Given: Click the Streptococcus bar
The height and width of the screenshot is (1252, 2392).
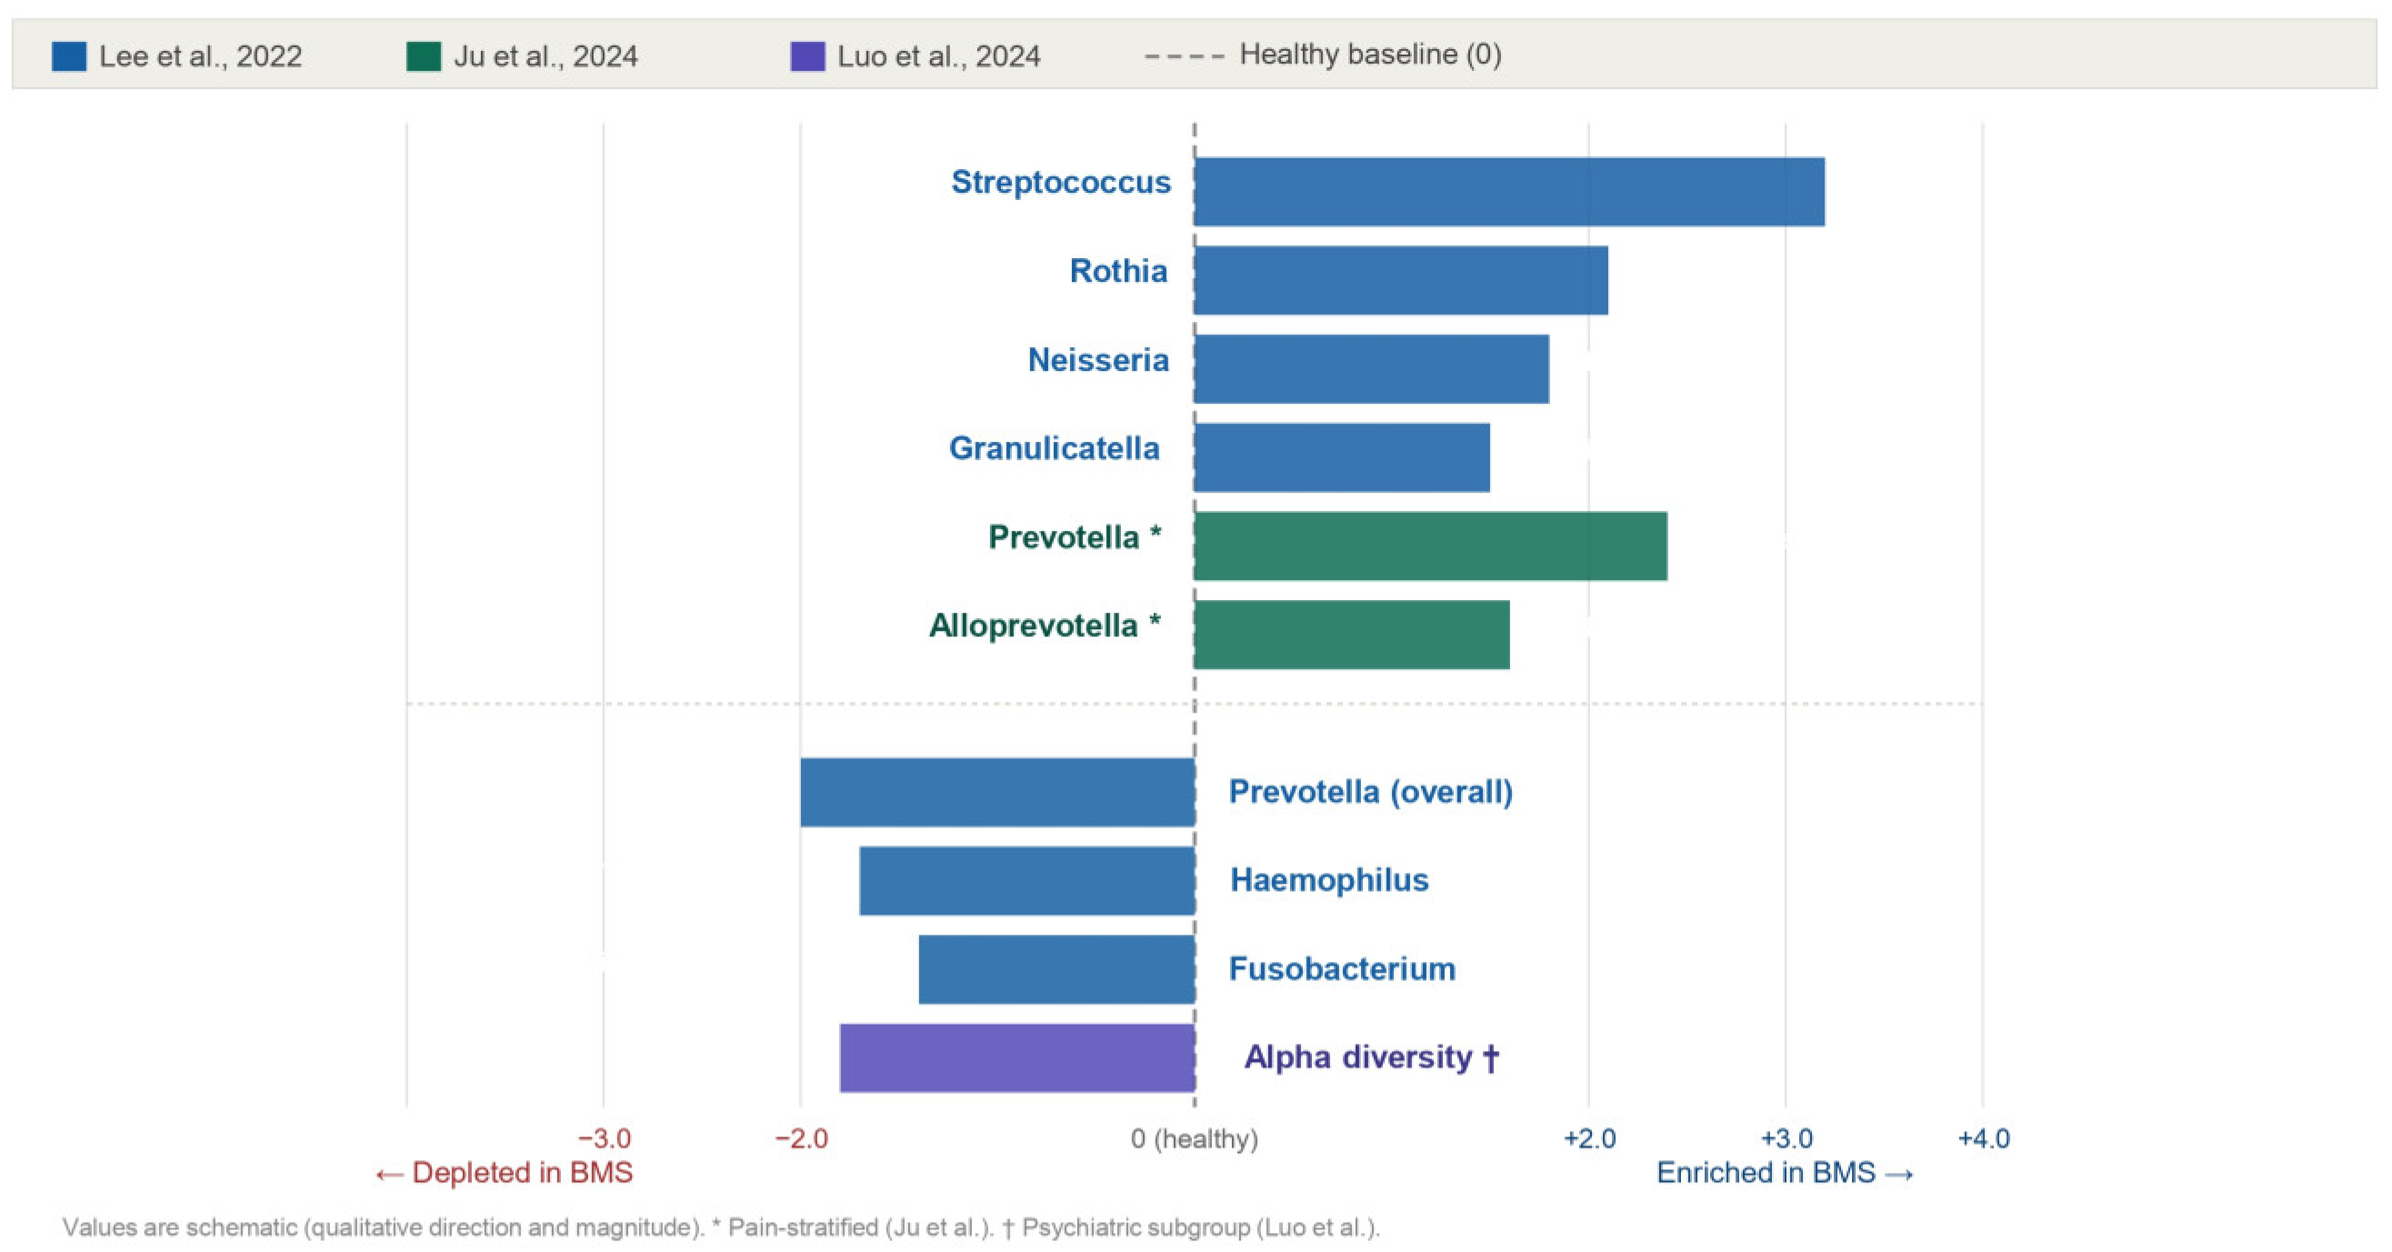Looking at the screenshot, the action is pos(1509,191).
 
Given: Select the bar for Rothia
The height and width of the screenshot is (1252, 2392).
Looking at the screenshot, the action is pos(1401,280).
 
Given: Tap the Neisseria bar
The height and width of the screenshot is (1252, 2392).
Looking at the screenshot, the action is pos(1372,369).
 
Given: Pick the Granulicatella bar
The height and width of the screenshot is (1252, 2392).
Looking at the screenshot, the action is pos(1342,458).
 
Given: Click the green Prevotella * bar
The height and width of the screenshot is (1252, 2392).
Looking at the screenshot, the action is pos(1431,546).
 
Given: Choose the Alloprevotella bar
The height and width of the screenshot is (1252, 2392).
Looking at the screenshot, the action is pos(1352,635).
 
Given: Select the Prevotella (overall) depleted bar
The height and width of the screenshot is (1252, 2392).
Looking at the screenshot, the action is pos(997,792).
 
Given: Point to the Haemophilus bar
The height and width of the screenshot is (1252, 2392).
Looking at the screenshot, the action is pos(1027,880).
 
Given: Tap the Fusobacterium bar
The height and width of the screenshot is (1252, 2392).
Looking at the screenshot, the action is pos(1056,968).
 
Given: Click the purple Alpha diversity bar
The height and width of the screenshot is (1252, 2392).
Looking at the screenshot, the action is pos(1016,1058).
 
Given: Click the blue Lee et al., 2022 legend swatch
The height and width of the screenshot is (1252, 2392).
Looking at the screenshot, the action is pos(69,55).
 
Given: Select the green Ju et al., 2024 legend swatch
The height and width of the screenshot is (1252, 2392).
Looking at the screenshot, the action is pos(424,55).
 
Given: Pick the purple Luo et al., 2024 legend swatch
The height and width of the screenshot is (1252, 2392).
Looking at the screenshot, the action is pos(807,55).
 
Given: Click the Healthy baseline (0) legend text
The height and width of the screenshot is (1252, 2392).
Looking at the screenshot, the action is pos(1371,55).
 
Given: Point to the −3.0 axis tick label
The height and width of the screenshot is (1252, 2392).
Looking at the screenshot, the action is pos(605,1138).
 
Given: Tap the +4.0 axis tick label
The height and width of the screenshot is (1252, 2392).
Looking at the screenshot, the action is pos(1984,1138).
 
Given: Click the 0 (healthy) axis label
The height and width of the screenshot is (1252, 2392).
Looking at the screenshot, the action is pos(1194,1139).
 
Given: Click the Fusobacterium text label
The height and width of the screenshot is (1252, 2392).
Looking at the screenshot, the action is pos(1342,968).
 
